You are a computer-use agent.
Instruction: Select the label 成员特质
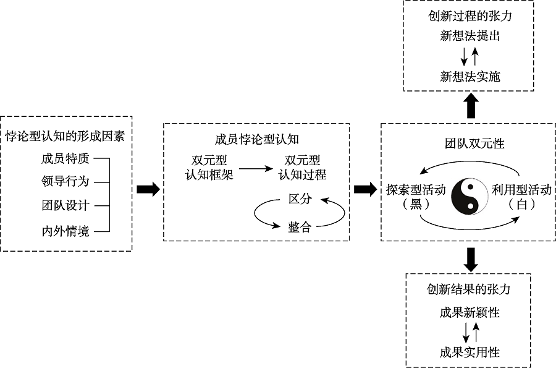tap(65, 158)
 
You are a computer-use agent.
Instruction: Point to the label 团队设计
tap(65, 205)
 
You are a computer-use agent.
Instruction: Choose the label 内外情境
tap(65, 231)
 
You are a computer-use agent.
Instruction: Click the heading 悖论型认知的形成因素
tap(66, 134)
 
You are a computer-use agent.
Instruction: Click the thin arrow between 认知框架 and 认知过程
tap(258, 167)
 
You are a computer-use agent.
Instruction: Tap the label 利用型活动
tap(521, 190)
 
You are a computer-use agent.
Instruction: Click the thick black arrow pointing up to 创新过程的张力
tap(471, 106)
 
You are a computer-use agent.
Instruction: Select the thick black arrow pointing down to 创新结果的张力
tap(471, 259)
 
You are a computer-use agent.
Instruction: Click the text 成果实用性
tap(470, 353)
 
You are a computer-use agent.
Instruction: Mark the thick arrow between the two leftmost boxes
tap(148, 190)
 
